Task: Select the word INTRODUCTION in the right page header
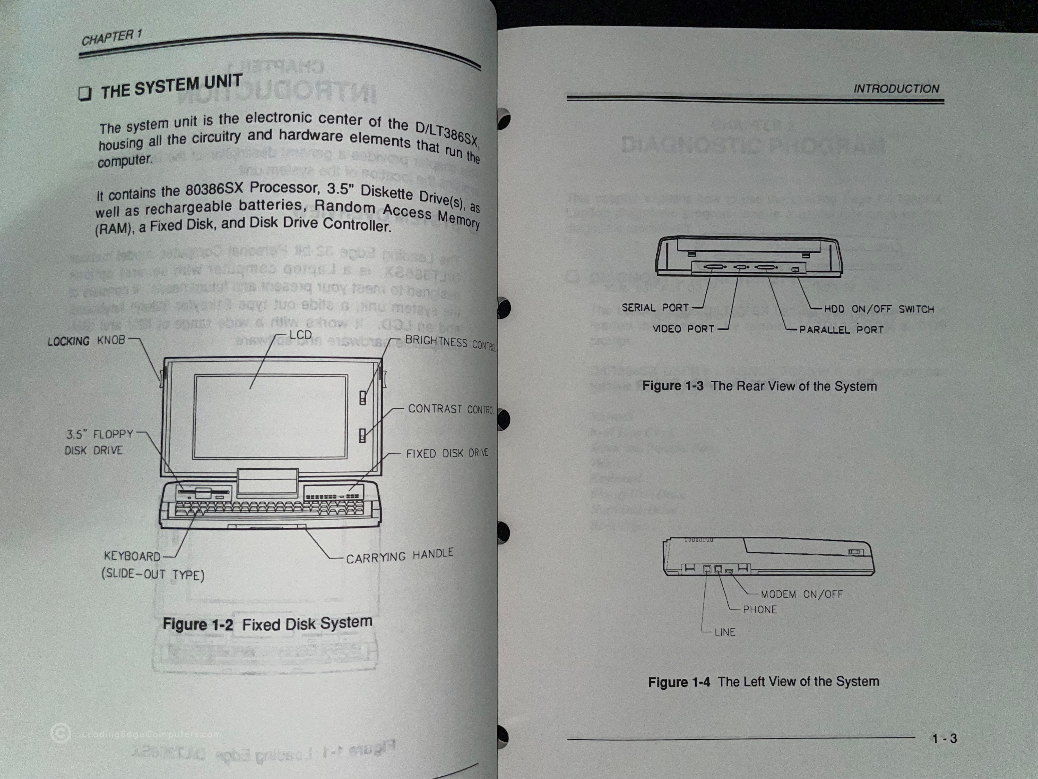tap(896, 89)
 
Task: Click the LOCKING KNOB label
tap(87, 341)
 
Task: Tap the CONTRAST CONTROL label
tap(451, 409)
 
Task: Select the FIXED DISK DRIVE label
tap(447, 453)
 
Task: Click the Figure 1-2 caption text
tap(267, 624)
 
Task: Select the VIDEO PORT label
tap(683, 329)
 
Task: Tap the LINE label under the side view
tap(724, 632)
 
